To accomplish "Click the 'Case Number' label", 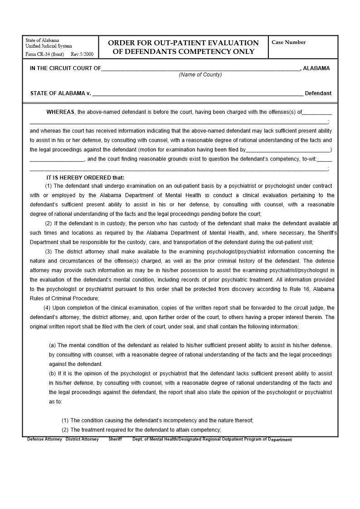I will [288, 43].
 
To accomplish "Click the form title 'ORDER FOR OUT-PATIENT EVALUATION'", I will [183, 43].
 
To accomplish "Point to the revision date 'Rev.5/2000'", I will [82, 54].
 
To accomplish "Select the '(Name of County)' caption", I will [200, 75].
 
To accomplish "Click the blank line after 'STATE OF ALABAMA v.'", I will [198, 94].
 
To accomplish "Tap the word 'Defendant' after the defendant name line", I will [318, 93].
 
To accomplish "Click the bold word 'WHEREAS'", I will [60, 112].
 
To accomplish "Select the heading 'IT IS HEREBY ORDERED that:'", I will [85, 178].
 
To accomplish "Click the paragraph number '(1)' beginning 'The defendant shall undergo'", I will [49, 186].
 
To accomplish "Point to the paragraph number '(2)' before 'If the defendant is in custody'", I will [49, 223].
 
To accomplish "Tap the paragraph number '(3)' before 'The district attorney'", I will [49, 252].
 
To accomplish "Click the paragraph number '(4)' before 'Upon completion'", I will [47, 308].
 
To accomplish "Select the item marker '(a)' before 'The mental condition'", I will [53, 345].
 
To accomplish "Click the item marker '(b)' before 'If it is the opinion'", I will [53, 373].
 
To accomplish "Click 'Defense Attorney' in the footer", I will [44, 439].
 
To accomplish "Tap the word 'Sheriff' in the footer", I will [115, 439].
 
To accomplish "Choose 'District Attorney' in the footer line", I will [82, 439].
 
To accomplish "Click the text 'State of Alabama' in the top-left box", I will [42, 40].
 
